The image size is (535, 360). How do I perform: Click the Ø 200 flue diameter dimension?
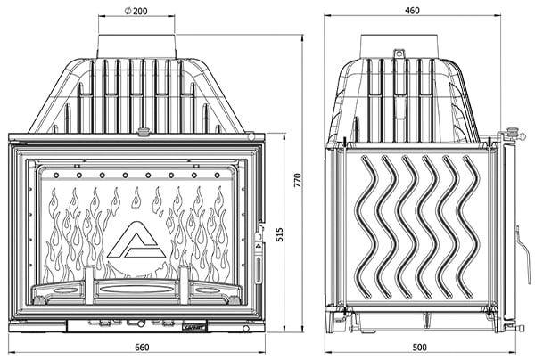pyautogui.click(x=136, y=11)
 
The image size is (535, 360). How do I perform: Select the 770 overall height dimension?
pyautogui.click(x=298, y=180)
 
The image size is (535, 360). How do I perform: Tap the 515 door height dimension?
pyautogui.click(x=279, y=234)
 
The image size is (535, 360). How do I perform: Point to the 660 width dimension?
pyautogui.click(x=142, y=347)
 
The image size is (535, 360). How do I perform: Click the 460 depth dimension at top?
pyautogui.click(x=412, y=11)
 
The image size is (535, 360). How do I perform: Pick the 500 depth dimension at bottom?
pyautogui.click(x=419, y=347)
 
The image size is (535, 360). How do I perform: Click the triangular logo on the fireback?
pyautogui.click(x=136, y=240)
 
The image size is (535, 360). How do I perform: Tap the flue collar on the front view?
pyautogui.click(x=136, y=46)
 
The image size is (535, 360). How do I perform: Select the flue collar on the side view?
pyautogui.click(x=399, y=46)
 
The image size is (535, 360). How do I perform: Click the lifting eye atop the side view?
pyautogui.click(x=399, y=53)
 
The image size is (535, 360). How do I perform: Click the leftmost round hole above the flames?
pyautogui.click(x=56, y=176)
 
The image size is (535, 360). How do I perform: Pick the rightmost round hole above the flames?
pyautogui.click(x=217, y=176)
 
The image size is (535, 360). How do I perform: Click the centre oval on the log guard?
pyautogui.click(x=136, y=289)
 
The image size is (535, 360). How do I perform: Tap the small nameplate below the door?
pyautogui.click(x=195, y=327)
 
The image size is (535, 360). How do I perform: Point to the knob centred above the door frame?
pyautogui.click(x=144, y=131)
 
